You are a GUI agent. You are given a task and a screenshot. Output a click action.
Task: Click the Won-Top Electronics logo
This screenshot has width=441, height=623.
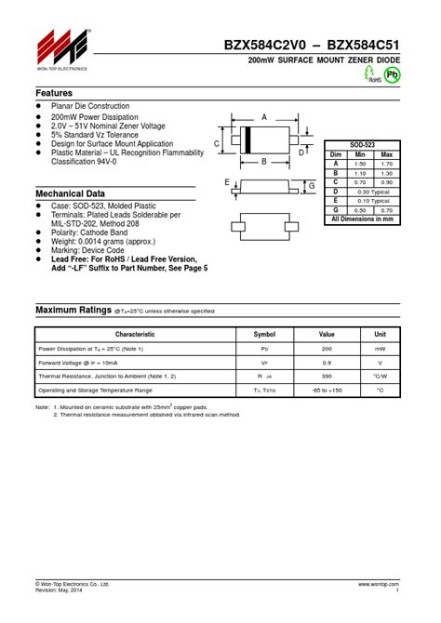point(62,46)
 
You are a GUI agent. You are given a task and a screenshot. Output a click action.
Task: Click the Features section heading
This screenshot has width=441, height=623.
point(55,94)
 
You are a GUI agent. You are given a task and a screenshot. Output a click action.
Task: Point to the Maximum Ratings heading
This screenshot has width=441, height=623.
point(73,310)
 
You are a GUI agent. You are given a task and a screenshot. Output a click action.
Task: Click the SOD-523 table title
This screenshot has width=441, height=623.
point(362,145)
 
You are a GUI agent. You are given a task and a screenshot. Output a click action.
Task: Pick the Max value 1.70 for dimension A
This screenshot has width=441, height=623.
point(387,164)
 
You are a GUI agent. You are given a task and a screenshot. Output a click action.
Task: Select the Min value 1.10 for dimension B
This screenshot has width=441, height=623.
point(361,173)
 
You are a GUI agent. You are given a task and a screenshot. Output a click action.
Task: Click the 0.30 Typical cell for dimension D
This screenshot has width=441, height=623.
point(374,192)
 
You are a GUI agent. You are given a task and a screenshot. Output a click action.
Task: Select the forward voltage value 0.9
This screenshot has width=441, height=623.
point(327,362)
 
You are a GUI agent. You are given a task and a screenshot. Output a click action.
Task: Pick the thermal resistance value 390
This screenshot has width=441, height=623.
point(327,376)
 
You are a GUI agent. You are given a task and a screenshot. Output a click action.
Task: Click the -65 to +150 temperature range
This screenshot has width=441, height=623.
point(327,391)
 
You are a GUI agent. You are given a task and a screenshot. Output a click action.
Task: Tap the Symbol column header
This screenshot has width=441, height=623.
point(264,334)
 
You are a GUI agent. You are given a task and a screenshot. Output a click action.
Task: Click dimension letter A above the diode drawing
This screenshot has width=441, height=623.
point(264,118)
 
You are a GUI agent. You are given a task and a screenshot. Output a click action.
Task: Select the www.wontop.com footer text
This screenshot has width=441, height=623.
point(378,583)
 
